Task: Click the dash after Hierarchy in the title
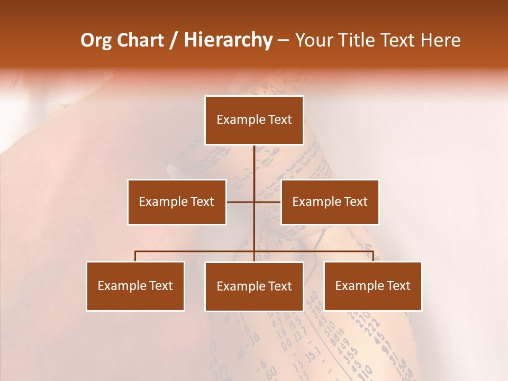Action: point(283,41)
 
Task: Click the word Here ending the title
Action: point(439,40)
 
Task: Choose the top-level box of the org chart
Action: point(254,120)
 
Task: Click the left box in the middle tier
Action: point(177,202)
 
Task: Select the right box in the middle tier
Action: point(330,202)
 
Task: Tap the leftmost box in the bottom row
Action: point(135,286)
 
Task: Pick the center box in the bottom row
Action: point(254,286)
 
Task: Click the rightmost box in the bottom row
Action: point(373,286)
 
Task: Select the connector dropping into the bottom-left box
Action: point(135,256)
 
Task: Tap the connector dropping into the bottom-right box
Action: point(373,256)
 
